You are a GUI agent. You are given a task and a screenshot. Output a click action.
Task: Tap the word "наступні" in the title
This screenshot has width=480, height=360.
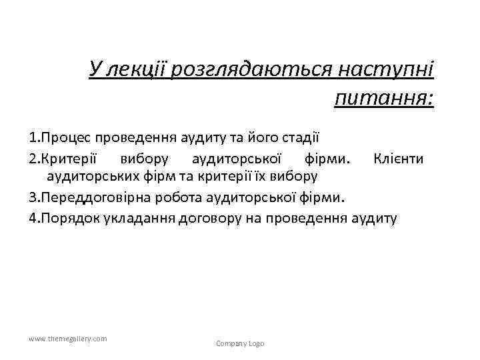[x=387, y=69]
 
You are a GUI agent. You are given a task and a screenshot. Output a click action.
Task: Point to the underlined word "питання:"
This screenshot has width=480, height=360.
[x=385, y=98]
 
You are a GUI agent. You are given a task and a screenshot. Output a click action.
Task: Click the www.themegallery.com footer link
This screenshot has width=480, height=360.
[x=68, y=339]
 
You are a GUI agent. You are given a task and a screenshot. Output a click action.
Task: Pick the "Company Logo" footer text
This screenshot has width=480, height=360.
[x=240, y=343]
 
